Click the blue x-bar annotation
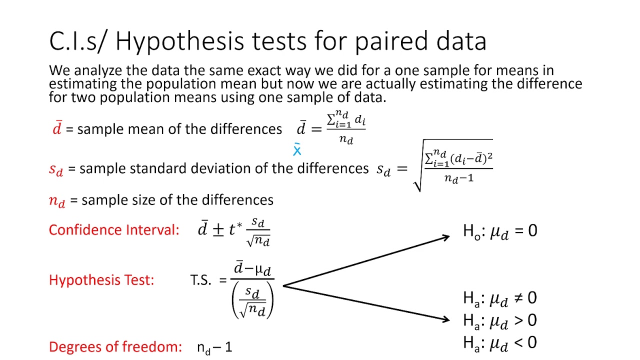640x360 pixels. (297, 150)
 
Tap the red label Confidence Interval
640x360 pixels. (113, 230)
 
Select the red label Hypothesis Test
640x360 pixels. (101, 280)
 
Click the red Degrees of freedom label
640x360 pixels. (115, 346)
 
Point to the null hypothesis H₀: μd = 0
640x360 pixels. (500, 231)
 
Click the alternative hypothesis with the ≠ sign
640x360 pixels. (500, 298)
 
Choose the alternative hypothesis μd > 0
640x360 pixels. (500, 320)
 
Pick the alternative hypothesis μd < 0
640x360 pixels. (500, 342)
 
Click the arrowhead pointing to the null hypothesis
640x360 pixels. (444, 237)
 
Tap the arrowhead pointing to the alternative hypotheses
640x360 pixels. (444, 319)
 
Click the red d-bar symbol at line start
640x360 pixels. (57, 128)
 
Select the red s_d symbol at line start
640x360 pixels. (56, 169)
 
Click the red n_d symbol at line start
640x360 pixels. (57, 201)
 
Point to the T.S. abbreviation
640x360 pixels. (200, 280)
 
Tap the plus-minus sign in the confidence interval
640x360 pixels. (218, 230)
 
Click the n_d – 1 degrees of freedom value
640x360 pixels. (214, 347)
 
